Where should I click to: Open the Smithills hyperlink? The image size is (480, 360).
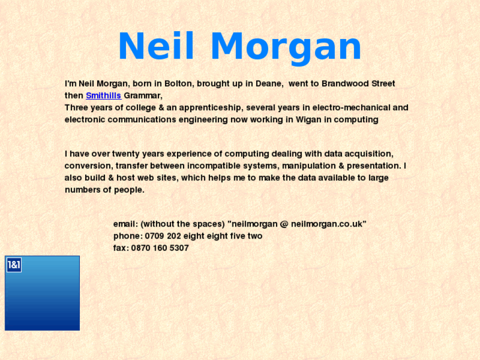coord(103,96)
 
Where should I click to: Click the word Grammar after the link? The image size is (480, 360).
coord(143,96)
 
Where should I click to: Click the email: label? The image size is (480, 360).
coord(125,224)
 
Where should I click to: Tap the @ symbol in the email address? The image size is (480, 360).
coord(284,224)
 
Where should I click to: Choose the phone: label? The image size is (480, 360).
coord(127,236)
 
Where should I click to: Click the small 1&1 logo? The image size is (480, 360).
coord(14,265)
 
